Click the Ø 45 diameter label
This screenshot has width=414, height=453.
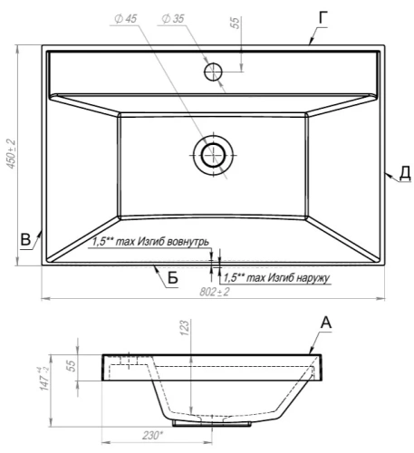tap(126, 19)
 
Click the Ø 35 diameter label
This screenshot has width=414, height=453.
tap(173, 19)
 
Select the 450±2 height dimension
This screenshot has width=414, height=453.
tap(11, 154)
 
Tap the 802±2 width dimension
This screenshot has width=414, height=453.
tap(215, 292)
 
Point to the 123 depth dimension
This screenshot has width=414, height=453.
tap(185, 327)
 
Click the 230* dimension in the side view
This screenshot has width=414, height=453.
tap(152, 436)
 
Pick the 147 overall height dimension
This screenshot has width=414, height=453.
tap(44, 379)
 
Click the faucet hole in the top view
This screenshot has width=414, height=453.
tap(213, 72)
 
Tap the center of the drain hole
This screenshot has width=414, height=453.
tap(214, 155)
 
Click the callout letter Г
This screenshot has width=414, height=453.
tap(323, 18)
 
